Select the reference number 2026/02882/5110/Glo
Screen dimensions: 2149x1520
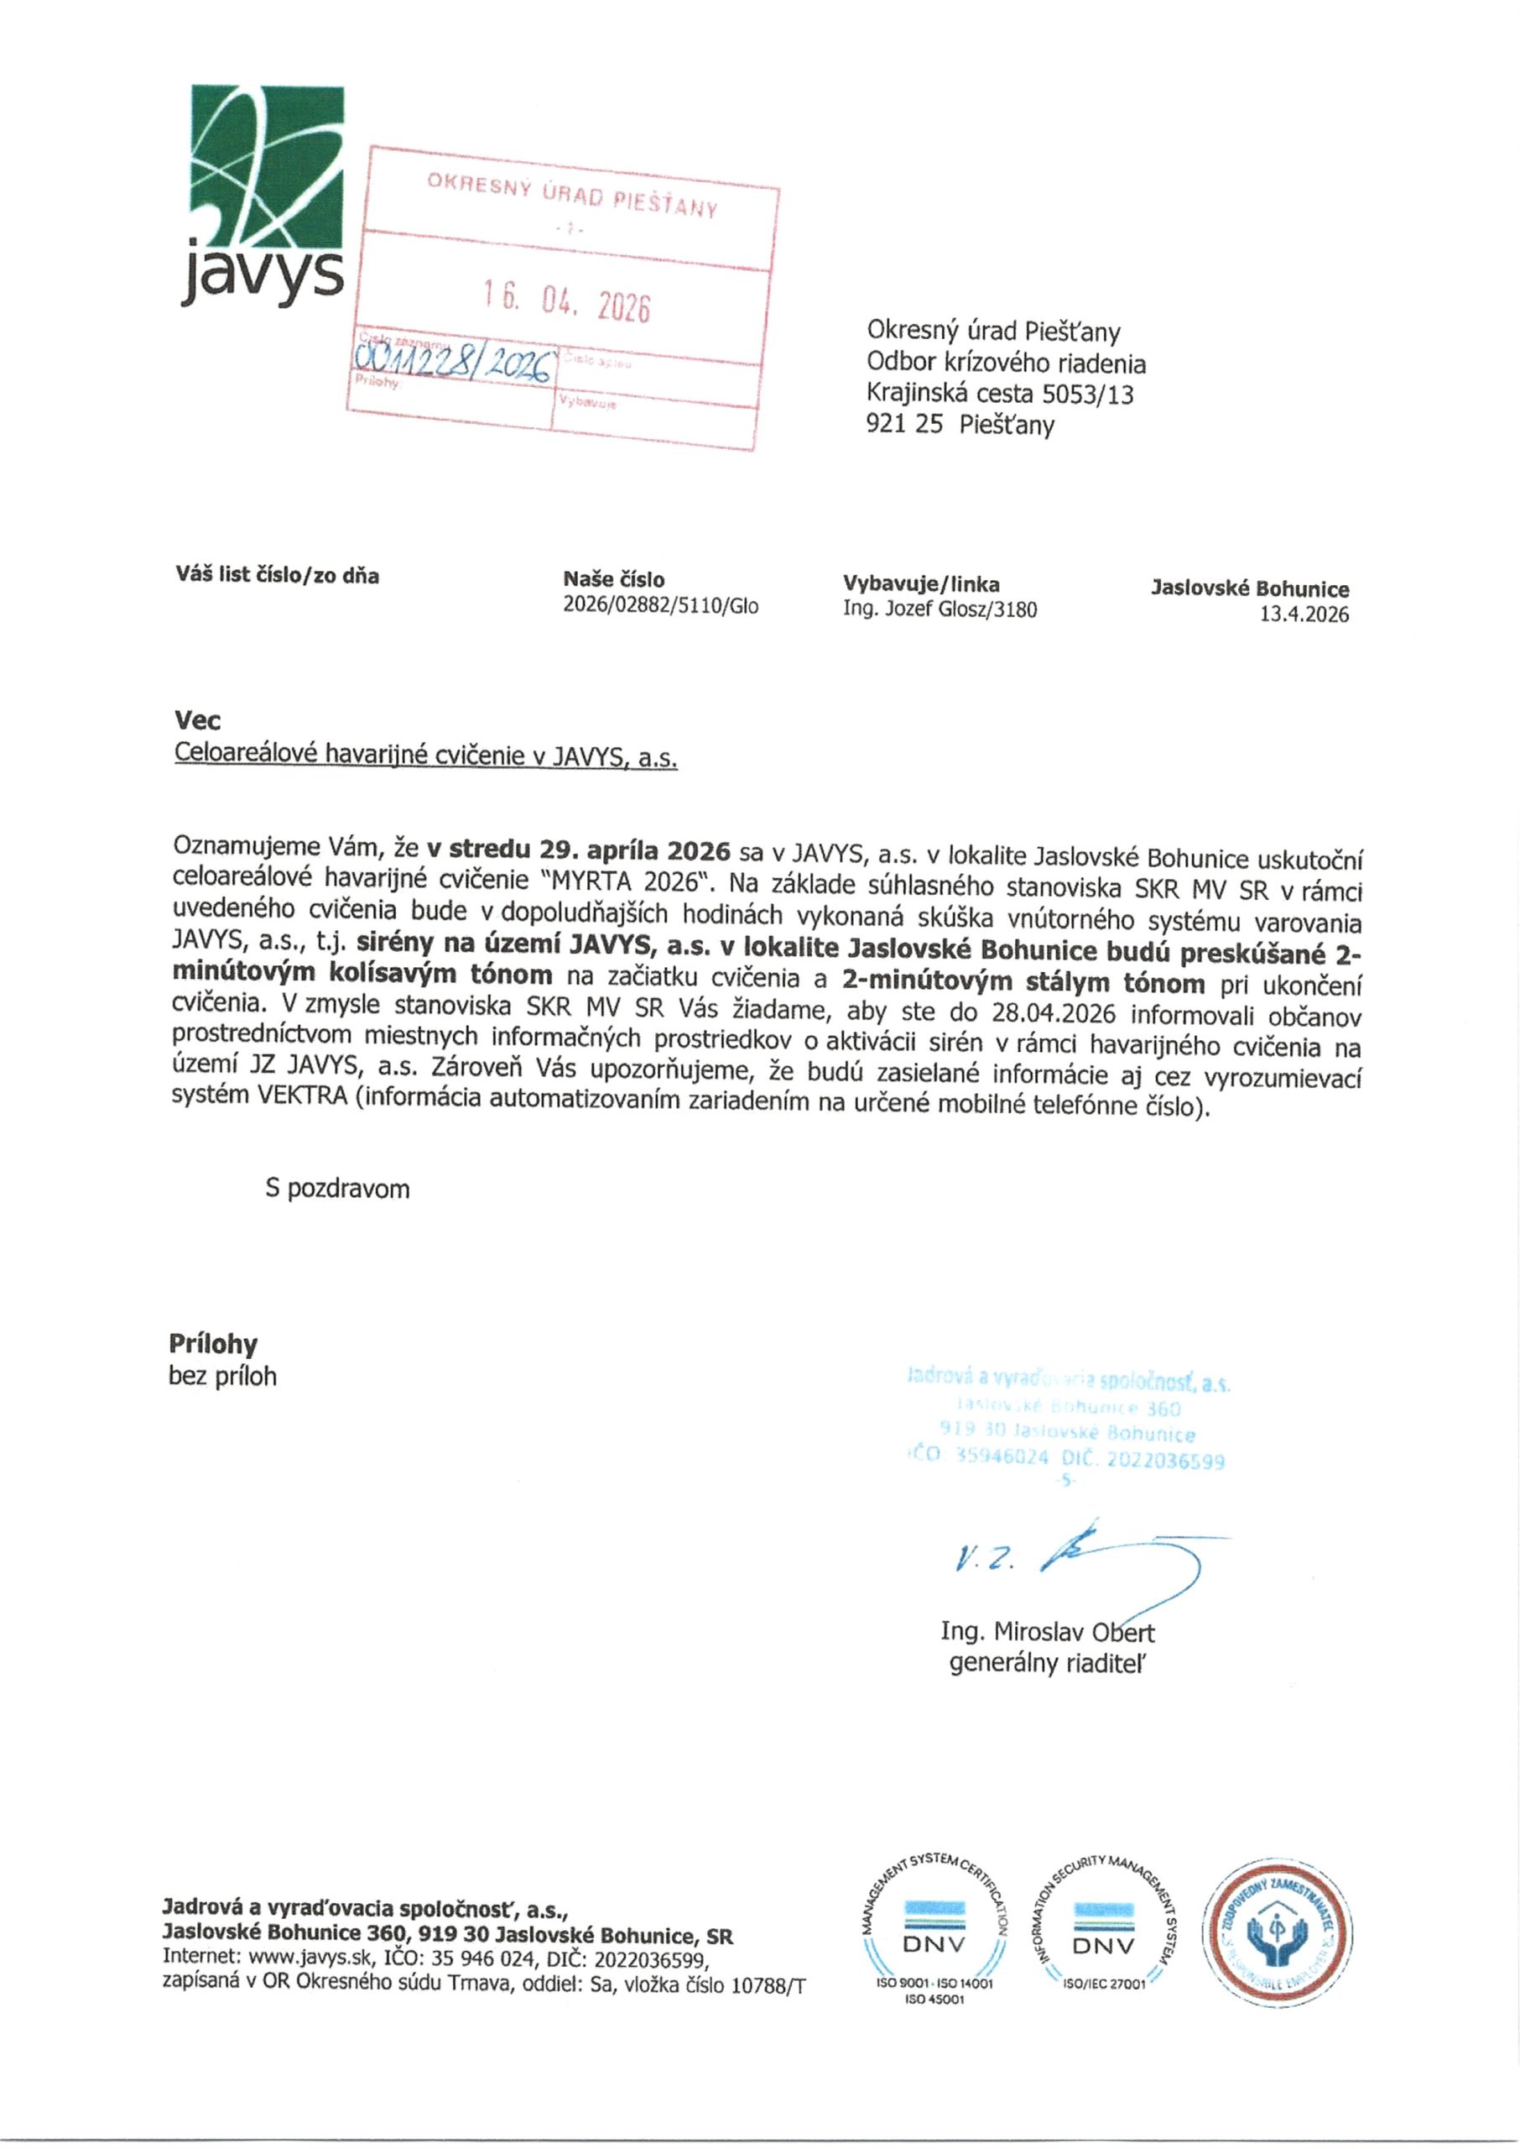[660, 607]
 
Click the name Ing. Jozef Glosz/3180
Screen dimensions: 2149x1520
[940, 610]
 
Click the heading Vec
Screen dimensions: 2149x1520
[196, 720]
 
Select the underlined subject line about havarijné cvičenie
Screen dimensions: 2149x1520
[425, 756]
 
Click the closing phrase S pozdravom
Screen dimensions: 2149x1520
[337, 1190]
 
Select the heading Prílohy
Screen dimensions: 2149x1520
[212, 1345]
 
